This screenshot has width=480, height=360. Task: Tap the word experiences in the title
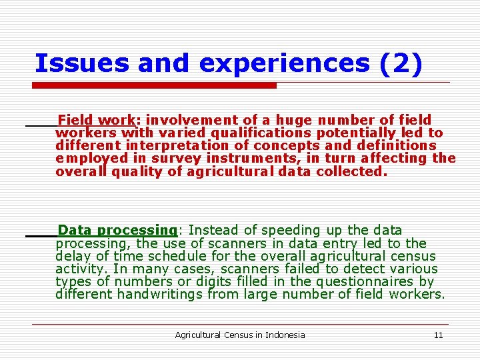tap(283, 63)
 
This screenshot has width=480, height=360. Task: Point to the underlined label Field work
tap(97, 120)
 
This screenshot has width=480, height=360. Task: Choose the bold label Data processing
tap(117, 231)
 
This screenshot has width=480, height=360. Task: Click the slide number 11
tap(438, 335)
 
